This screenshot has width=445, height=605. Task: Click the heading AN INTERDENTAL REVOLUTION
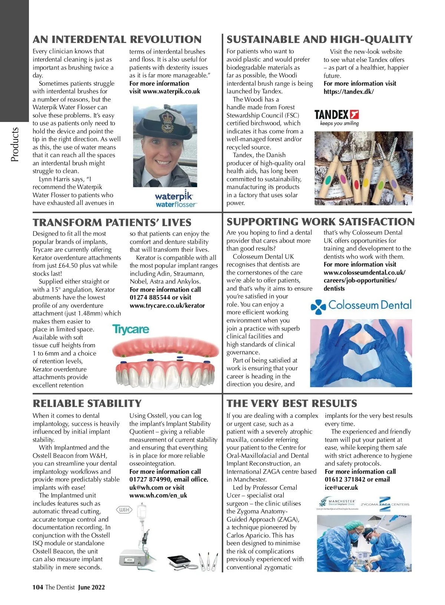click(117, 40)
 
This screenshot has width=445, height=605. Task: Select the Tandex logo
click(336, 118)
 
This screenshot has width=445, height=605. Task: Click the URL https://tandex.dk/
click(349, 92)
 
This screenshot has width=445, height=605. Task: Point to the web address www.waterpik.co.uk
click(171, 92)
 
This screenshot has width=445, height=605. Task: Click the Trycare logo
click(131, 329)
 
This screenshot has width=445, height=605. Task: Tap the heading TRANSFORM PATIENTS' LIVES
click(112, 222)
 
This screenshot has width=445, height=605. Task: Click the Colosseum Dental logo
click(361, 306)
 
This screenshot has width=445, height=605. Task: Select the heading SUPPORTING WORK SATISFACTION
click(320, 222)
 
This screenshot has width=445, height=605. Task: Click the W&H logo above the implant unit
click(124, 510)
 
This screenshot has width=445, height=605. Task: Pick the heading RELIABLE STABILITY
click(87, 403)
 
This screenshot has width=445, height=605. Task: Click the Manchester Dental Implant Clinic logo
click(337, 503)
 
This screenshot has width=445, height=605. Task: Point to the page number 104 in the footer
click(37, 587)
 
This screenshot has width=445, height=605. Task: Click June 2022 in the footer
click(91, 587)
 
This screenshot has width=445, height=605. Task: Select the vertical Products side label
click(15, 144)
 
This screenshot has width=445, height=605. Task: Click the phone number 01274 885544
click(150, 298)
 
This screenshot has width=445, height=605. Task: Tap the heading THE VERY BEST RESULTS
click(292, 403)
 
